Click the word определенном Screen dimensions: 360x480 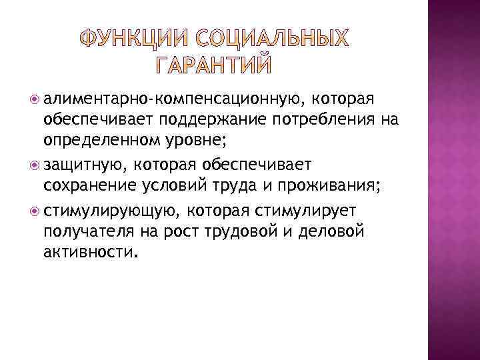[x=103, y=139]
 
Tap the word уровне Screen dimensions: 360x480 [x=201, y=139]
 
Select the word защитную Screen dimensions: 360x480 [x=83, y=164]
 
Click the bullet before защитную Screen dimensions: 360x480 [x=34, y=164]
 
